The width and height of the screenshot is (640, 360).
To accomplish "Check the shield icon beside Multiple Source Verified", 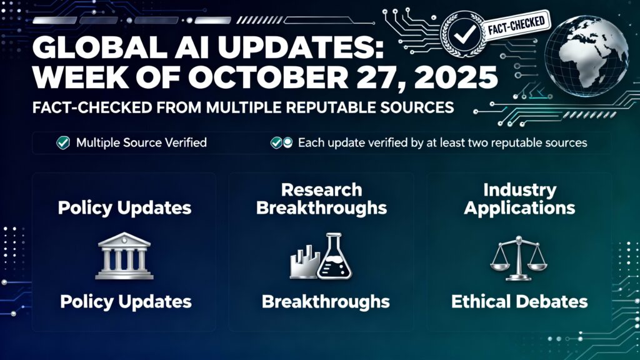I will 63,143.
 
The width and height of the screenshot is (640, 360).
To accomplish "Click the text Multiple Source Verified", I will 141,143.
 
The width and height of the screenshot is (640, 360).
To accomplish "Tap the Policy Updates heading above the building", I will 124,207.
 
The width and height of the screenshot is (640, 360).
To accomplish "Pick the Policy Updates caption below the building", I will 126,302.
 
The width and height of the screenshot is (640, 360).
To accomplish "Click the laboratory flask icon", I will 334,259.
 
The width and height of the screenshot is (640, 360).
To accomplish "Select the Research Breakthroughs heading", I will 321,198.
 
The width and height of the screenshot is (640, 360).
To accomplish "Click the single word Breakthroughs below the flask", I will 325,302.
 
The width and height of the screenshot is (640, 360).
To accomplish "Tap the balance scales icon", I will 519,256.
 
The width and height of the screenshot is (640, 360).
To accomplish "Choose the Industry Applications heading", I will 519,198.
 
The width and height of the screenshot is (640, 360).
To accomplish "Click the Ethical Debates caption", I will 519,302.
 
